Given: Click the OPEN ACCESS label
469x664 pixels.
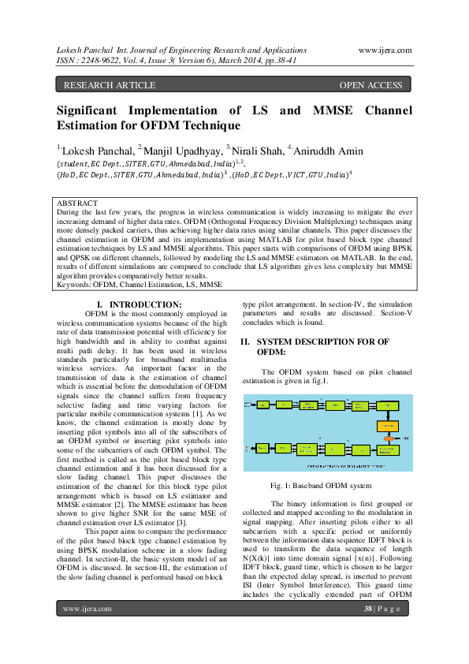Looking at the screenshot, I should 370,85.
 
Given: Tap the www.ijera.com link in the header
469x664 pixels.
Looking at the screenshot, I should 385,49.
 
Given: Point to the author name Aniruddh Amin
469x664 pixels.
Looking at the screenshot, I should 329,148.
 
